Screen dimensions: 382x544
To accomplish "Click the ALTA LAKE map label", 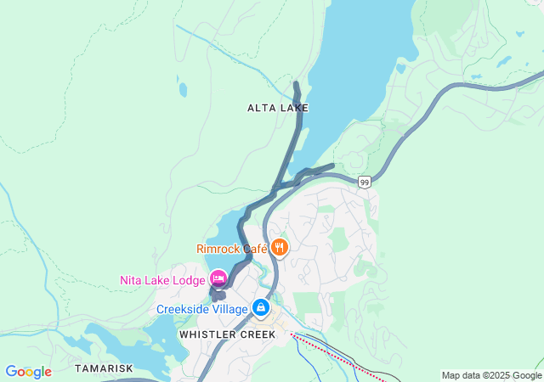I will [x=277, y=108].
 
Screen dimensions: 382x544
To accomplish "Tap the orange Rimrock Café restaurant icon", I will [x=280, y=248].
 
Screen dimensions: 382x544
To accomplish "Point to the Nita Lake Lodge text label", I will [x=162, y=280].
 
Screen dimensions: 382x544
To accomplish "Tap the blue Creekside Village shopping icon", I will [x=261, y=308].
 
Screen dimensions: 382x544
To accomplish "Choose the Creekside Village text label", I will [x=201, y=309].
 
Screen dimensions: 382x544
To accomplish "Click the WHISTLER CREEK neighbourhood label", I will [x=227, y=334].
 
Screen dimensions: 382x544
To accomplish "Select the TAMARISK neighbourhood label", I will [x=104, y=368].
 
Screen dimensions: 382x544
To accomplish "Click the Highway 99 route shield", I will [x=364, y=183].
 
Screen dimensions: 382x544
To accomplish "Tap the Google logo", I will [x=28, y=372].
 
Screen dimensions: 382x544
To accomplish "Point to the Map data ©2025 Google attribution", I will [x=491, y=375].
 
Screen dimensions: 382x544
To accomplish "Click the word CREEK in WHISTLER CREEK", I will [x=258, y=334].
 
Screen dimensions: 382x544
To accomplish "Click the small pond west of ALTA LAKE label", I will [x=182, y=88].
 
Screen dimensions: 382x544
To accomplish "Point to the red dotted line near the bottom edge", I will [x=331, y=353].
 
